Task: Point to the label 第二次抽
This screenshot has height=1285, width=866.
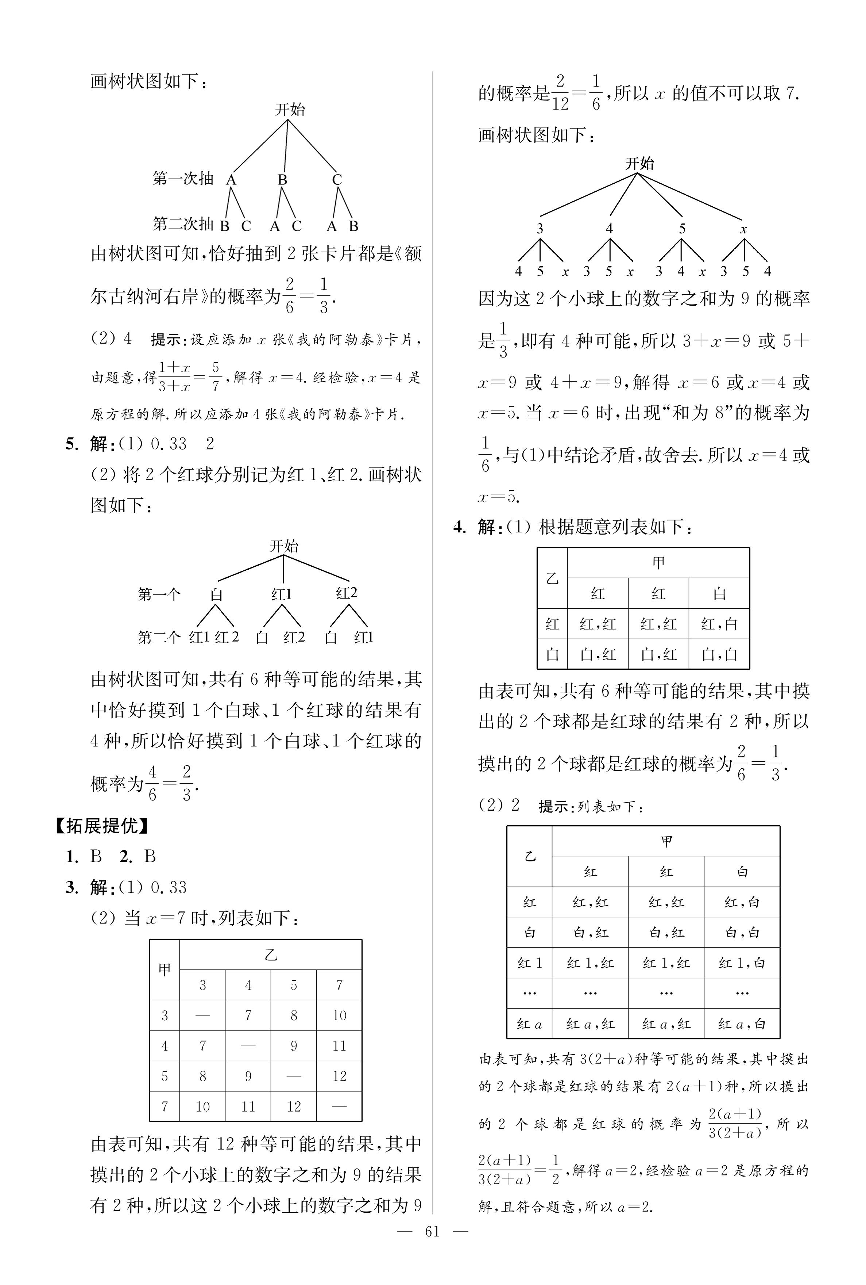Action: click(x=183, y=224)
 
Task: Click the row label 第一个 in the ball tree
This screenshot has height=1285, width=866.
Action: click(x=159, y=595)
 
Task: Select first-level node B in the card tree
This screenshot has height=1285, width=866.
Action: click(x=282, y=180)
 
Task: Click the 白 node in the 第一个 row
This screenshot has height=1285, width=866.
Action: click(x=217, y=595)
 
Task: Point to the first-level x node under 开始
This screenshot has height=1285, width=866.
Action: click(x=743, y=229)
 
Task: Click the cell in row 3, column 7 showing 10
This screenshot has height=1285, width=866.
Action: click(x=339, y=1015)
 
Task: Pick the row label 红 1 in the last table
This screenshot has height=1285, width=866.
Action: click(x=529, y=963)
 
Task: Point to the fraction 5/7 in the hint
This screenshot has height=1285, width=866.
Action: click(x=215, y=376)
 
